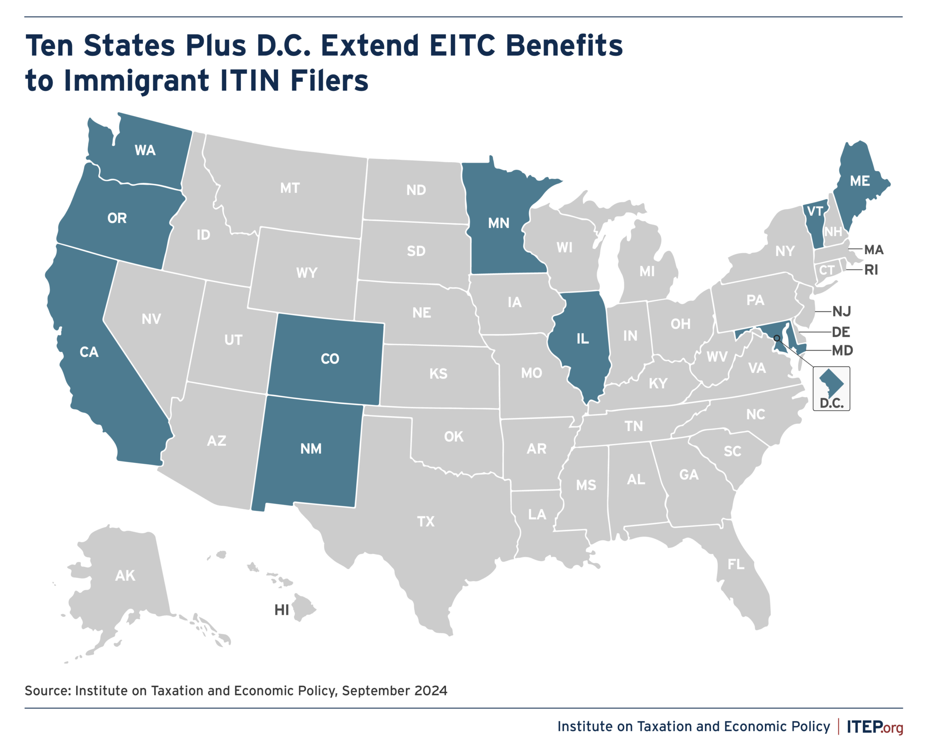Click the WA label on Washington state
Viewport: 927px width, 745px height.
pyautogui.click(x=145, y=150)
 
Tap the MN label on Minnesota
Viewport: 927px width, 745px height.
pyautogui.click(x=498, y=223)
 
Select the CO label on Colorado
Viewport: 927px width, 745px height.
pyautogui.click(x=330, y=359)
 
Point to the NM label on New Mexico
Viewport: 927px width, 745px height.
pyautogui.click(x=311, y=449)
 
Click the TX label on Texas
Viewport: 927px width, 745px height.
pyautogui.click(x=425, y=522)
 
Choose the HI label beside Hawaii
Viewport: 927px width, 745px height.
pyautogui.click(x=282, y=610)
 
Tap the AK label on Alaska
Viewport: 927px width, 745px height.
pyautogui.click(x=125, y=576)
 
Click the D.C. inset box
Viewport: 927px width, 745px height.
pyautogui.click(x=831, y=389)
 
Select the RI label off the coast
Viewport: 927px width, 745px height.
pyautogui.click(x=871, y=270)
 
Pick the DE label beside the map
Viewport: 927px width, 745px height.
pyautogui.click(x=841, y=332)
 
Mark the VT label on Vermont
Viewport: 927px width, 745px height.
pyautogui.click(x=815, y=211)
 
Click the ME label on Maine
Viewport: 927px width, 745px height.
pyautogui.click(x=860, y=181)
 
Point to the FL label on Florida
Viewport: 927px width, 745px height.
pyautogui.click(x=736, y=564)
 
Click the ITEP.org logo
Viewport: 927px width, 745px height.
pyautogui.click(x=874, y=726)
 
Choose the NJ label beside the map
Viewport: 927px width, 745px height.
pyautogui.click(x=841, y=312)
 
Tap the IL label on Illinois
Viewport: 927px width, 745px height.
pyautogui.click(x=583, y=339)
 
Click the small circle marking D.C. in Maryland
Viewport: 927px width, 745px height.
pyautogui.click(x=777, y=338)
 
